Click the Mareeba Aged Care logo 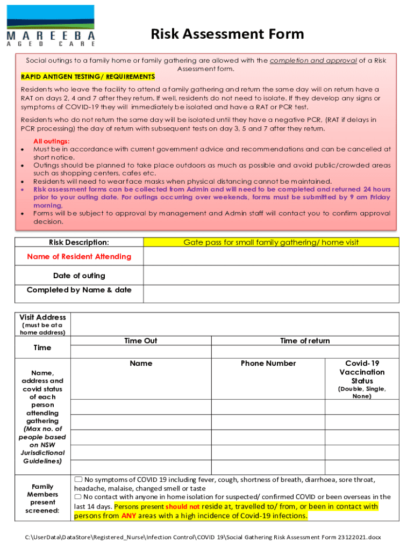point(51,25)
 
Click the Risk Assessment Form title point(227,35)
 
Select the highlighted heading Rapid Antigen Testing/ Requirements point(88,77)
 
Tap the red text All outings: point(52,141)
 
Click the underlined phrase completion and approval point(313,61)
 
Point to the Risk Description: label point(79,242)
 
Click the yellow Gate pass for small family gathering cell point(271,242)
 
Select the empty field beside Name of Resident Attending point(271,257)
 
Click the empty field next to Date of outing point(271,276)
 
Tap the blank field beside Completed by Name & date point(271,293)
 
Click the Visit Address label point(42,317)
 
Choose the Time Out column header point(141,341)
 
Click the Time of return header point(305,341)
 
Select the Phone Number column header point(268,364)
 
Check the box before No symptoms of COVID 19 point(78,479)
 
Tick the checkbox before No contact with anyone point(78,497)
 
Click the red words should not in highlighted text point(182,506)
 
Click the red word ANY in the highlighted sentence point(129,516)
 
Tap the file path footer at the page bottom point(207,537)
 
